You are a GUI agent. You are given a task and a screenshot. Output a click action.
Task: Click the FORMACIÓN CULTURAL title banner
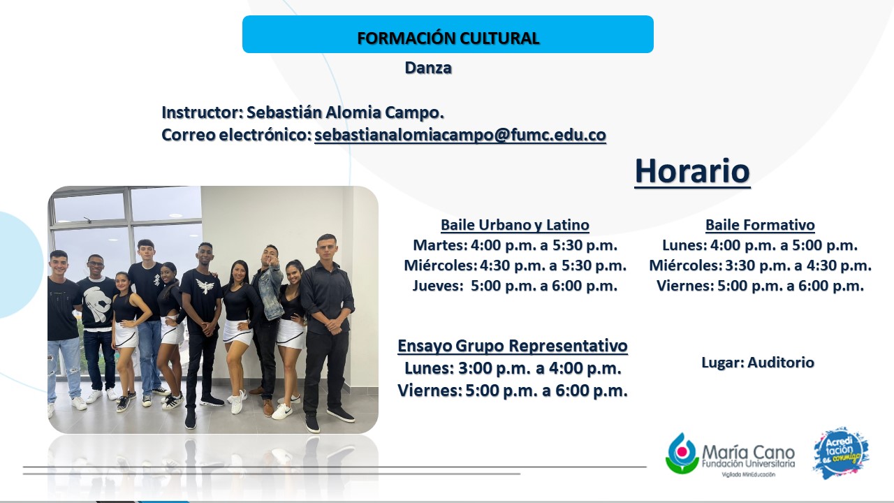(x=448, y=34)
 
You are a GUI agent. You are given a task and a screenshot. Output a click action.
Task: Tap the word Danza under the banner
(x=428, y=68)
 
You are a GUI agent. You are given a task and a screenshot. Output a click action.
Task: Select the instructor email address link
(x=460, y=135)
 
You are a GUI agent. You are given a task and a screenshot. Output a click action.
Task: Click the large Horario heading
(x=692, y=171)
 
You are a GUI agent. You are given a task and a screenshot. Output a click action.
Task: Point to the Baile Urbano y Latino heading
(x=515, y=225)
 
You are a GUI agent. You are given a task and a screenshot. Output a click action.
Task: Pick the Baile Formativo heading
(x=760, y=225)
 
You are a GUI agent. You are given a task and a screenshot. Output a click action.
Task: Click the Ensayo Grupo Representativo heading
(x=513, y=346)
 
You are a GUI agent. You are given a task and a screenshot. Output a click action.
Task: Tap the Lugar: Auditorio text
(x=758, y=363)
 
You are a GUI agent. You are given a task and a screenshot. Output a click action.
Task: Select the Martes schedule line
(x=515, y=245)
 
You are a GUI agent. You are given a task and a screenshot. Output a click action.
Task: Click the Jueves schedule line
(x=515, y=286)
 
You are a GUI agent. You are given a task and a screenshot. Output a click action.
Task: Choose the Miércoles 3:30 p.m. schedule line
(x=761, y=265)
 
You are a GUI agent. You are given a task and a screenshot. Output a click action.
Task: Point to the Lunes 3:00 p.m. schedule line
(x=513, y=368)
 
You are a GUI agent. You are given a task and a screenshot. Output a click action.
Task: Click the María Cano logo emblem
(x=682, y=453)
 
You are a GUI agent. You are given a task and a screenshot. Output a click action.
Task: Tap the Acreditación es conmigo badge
(x=841, y=453)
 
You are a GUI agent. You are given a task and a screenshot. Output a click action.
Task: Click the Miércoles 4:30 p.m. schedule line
(x=515, y=265)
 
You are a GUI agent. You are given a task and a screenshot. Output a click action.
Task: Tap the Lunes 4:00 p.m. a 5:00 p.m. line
(x=760, y=245)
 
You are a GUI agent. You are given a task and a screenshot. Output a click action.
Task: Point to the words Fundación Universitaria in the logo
(x=748, y=464)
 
